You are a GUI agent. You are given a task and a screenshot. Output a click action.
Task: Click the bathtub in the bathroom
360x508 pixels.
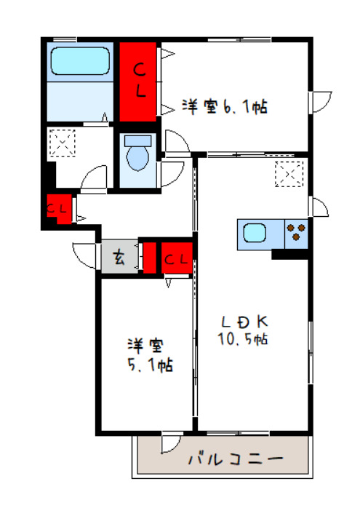(x=80, y=63)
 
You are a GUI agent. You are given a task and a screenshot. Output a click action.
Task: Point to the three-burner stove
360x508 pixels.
(x=297, y=234)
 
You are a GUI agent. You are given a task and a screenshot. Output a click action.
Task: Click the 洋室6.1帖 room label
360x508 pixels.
(x=225, y=107)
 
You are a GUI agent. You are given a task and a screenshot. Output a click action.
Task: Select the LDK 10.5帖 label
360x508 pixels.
(x=243, y=329)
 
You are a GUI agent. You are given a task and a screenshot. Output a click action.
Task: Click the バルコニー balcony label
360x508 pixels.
(x=235, y=460)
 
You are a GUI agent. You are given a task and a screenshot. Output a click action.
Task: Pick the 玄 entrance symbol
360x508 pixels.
(x=119, y=257)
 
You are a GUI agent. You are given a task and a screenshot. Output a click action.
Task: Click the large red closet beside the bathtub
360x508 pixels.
(x=138, y=82)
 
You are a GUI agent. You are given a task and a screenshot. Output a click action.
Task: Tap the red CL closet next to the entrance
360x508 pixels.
(x=177, y=258)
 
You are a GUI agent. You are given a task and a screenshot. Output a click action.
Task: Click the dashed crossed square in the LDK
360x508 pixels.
(x=288, y=173)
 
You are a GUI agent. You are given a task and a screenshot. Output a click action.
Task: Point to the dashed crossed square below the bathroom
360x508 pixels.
(x=62, y=141)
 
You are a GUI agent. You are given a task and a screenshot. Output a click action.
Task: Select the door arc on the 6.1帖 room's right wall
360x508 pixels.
(x=321, y=102)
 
